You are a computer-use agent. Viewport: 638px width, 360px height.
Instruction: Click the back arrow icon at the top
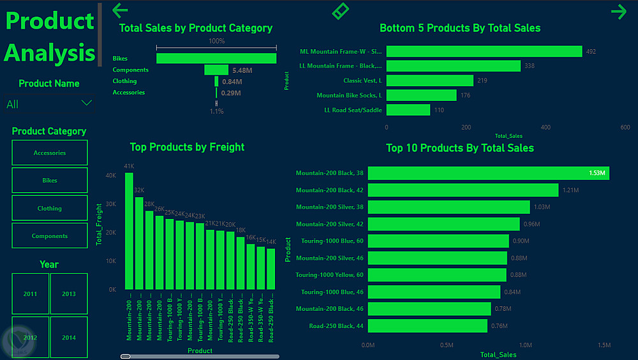pos(120,10)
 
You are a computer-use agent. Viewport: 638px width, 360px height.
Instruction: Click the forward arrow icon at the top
pos(618,11)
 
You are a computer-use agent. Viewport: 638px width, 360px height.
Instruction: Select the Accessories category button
pos(50,153)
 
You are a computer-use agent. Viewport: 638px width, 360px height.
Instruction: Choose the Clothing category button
pos(50,208)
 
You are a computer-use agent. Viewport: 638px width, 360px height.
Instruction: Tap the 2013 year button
pos(69,294)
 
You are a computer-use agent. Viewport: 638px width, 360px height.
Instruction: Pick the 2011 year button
pos(30,294)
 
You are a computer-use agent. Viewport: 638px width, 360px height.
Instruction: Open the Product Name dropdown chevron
pos(87,103)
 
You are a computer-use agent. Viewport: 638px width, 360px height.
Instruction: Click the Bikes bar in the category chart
pos(216,58)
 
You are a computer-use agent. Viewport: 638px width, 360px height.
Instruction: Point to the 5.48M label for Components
pos(242,70)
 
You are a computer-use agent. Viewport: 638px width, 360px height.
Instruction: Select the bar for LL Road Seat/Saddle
pos(408,110)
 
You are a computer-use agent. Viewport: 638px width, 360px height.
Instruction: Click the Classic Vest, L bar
pos(429,80)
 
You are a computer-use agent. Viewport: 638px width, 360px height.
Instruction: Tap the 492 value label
pos(591,52)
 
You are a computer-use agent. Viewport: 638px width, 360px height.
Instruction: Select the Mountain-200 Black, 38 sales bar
pos(488,173)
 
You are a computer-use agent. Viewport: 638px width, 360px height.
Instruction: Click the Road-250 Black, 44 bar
pos(427,326)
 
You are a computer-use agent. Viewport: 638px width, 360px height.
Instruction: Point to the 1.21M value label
pos(570,190)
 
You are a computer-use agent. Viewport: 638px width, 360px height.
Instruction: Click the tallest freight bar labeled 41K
pos(129,230)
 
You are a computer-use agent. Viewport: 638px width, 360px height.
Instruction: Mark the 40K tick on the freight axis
pos(111,176)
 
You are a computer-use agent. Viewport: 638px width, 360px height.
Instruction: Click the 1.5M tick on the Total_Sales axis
pos(604,345)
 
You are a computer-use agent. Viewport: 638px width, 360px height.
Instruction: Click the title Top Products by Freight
pos(187,147)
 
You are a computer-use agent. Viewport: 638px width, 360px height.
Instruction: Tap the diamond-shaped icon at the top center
pos(341,11)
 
